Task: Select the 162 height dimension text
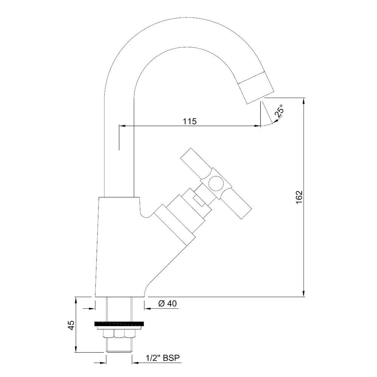(299, 198)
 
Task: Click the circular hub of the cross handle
(216, 184)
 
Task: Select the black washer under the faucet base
(119, 323)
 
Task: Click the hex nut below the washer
(120, 334)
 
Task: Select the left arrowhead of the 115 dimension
(121, 126)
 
